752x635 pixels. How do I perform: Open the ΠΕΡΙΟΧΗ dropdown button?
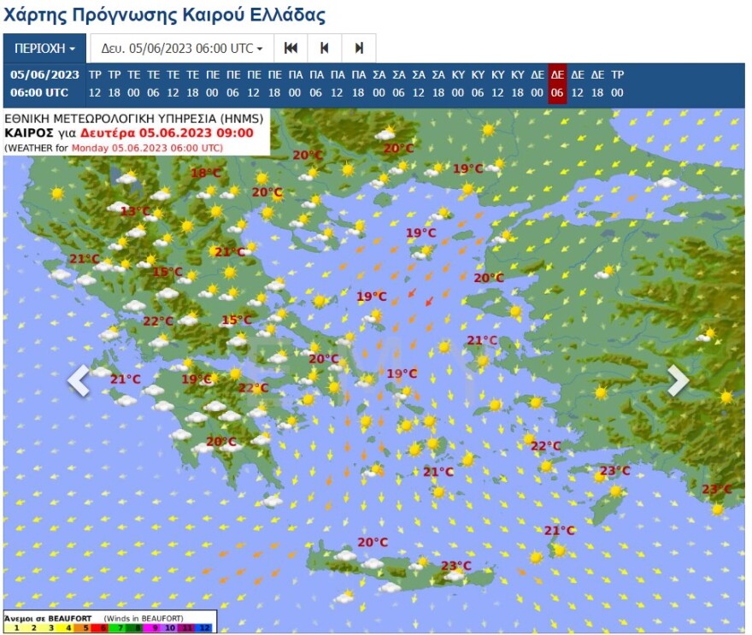(x=44, y=48)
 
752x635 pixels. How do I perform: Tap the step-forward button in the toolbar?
(x=359, y=48)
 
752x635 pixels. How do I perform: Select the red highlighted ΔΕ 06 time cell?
(x=557, y=84)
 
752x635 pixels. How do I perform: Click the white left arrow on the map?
(x=79, y=381)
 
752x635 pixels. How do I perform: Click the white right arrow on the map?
(x=678, y=381)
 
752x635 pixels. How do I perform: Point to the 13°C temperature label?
(x=135, y=211)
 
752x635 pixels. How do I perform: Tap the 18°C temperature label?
(x=205, y=173)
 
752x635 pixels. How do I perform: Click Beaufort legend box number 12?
(x=204, y=627)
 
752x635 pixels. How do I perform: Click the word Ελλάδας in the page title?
(x=288, y=15)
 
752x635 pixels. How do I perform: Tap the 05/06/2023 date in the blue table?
(x=44, y=74)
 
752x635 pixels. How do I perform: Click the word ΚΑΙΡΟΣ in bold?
(x=29, y=132)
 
